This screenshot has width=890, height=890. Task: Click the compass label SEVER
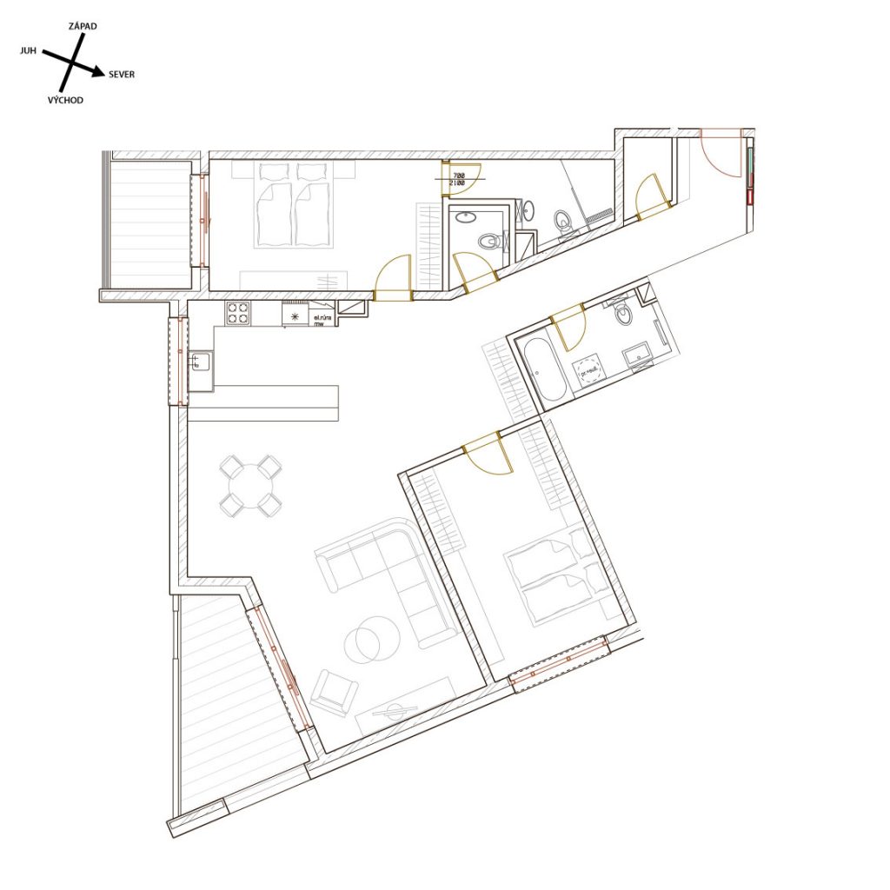point(122,75)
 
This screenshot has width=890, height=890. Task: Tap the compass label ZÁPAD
point(83,27)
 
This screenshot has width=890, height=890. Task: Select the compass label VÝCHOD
point(65,101)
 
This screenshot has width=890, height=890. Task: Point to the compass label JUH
point(28,51)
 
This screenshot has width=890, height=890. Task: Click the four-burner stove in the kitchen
point(238,313)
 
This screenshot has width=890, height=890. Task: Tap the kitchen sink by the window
point(199,362)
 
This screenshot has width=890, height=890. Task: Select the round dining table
point(250,485)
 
